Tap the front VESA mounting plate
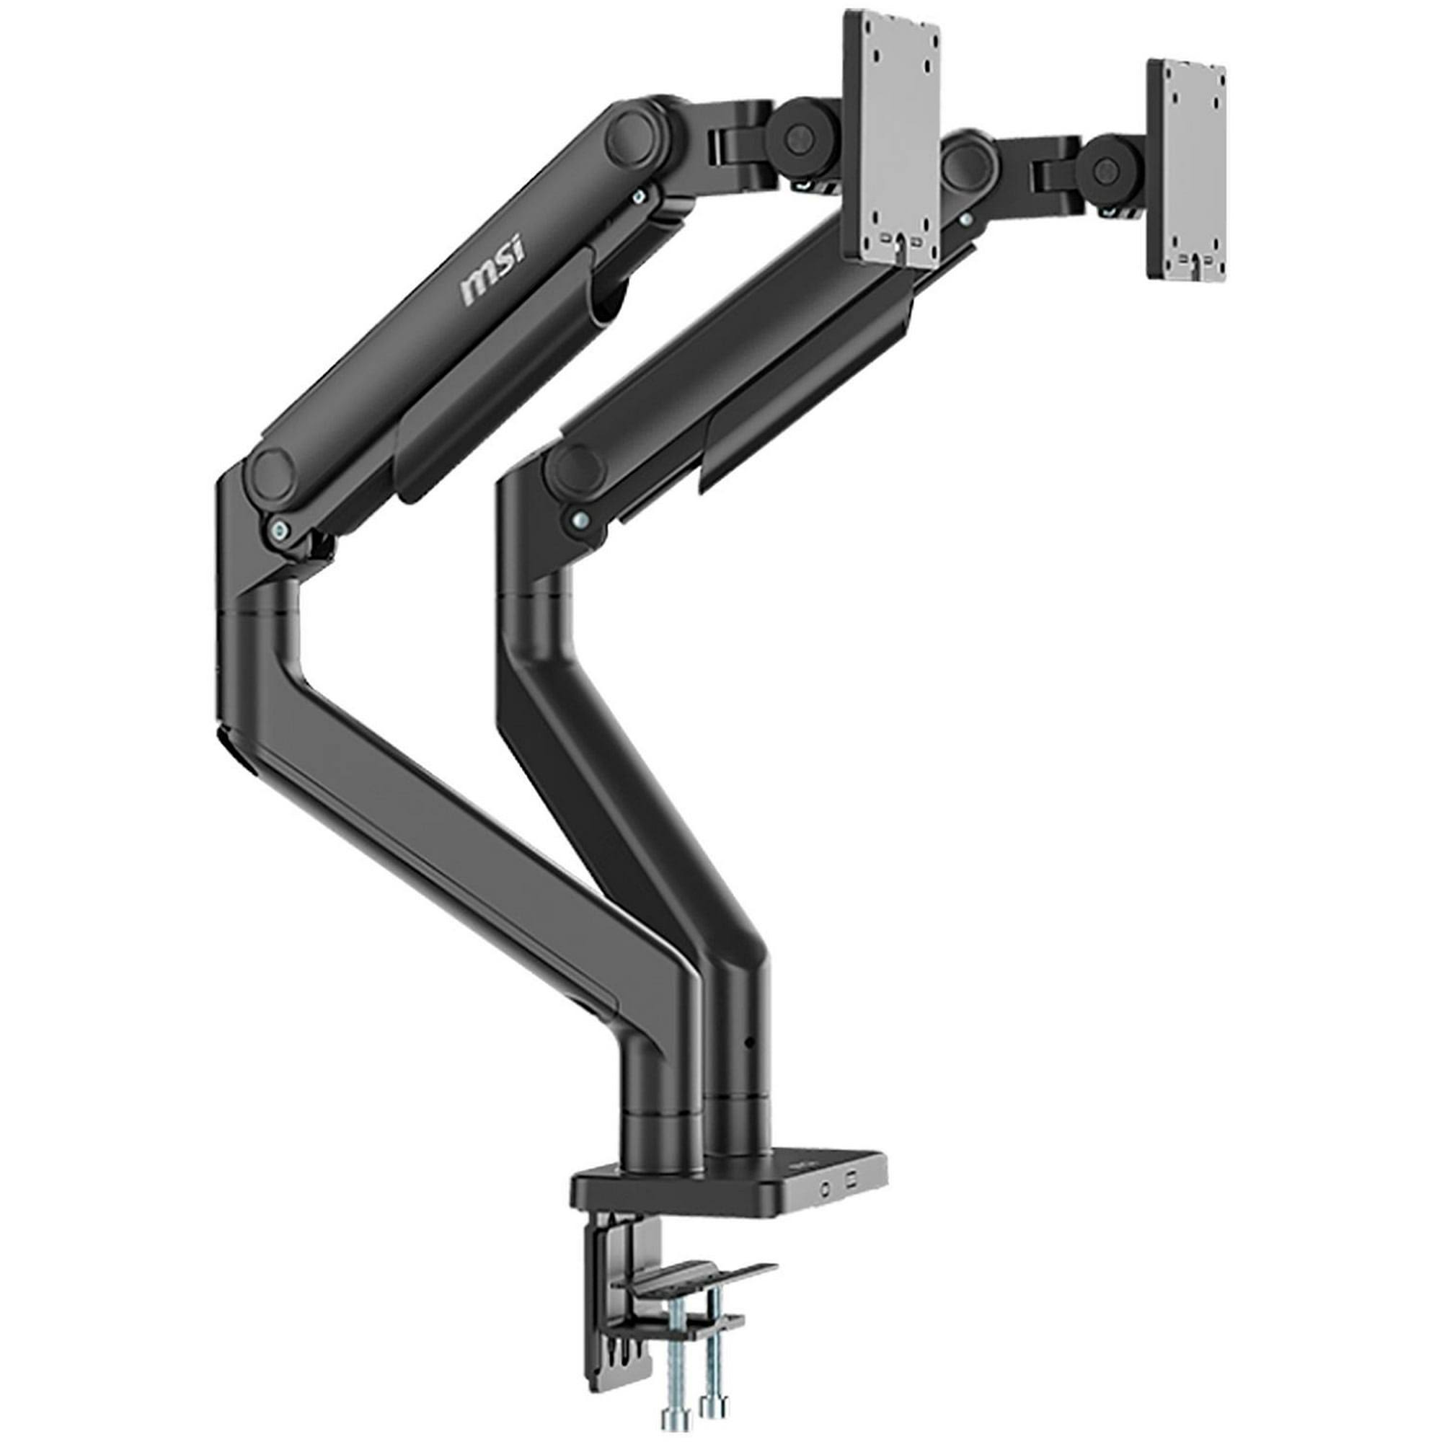[x=891, y=142]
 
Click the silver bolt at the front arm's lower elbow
[x=279, y=528]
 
